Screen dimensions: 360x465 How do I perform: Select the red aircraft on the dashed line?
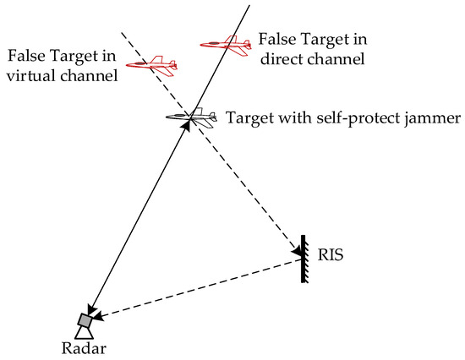coord(151,63)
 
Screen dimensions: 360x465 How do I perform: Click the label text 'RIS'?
coord(323,253)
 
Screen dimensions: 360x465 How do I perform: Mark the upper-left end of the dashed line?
coord(122,33)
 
